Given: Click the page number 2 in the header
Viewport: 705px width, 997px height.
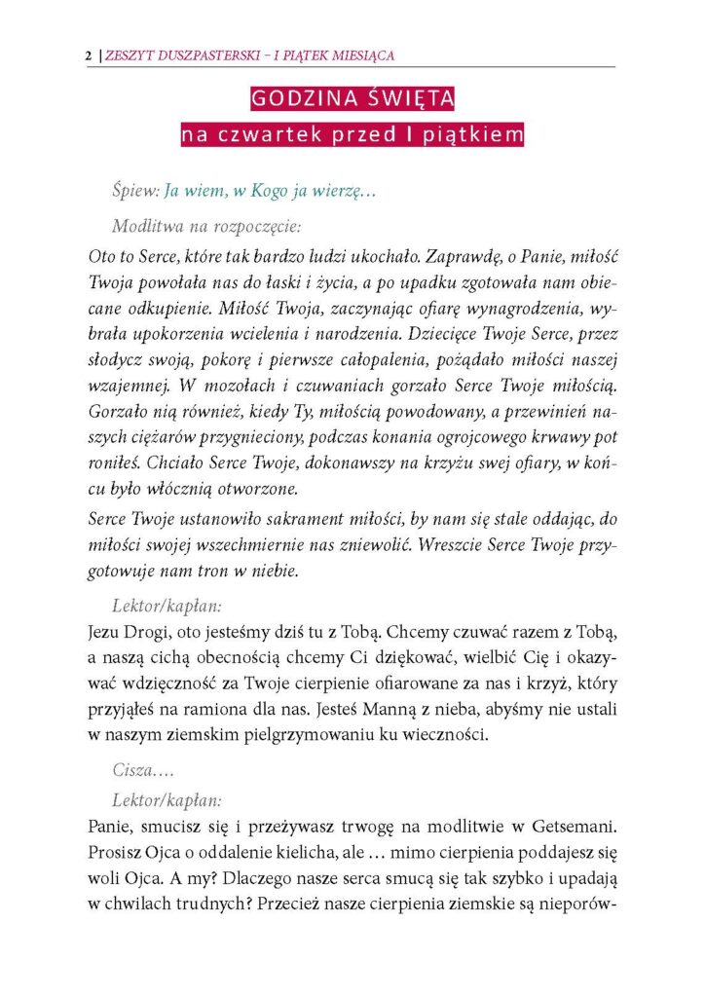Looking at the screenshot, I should (90, 56).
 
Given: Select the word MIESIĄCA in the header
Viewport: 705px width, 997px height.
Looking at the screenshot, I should (359, 56).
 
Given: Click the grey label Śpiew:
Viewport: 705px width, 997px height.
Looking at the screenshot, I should (135, 192).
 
